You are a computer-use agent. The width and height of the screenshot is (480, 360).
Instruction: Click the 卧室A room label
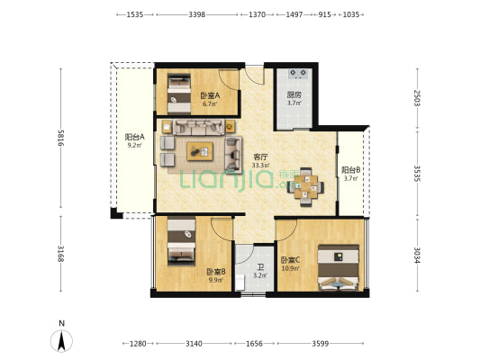click(x=210, y=95)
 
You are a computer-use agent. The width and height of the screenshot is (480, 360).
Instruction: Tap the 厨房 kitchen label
click(x=294, y=94)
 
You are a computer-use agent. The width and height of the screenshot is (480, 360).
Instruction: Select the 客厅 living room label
click(x=261, y=157)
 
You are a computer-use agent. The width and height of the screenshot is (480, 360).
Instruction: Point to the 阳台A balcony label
click(x=135, y=137)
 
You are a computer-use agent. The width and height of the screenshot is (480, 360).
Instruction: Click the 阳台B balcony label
click(x=351, y=170)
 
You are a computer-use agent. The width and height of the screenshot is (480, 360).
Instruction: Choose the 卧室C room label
click(x=291, y=260)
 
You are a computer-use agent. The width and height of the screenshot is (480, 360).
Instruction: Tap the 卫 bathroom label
click(x=260, y=268)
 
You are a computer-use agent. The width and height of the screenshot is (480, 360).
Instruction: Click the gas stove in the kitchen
click(x=298, y=74)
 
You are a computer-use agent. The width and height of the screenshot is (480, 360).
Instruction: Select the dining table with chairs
click(x=305, y=186)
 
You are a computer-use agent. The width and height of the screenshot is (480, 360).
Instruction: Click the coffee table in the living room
click(x=200, y=151)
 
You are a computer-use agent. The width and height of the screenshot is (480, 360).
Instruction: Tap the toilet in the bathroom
click(x=240, y=282)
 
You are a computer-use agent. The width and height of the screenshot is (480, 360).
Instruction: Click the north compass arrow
click(x=61, y=341)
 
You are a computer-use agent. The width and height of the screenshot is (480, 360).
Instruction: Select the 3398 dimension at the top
click(x=197, y=14)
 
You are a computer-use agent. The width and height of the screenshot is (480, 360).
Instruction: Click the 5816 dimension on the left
click(x=60, y=138)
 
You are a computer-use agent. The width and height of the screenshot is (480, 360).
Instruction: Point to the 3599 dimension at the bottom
click(x=321, y=344)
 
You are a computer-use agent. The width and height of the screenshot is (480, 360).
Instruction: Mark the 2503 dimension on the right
click(x=417, y=98)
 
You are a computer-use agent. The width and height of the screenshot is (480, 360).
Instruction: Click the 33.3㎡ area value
click(x=261, y=166)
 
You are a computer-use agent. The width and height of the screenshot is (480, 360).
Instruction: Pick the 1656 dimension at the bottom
click(x=254, y=344)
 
